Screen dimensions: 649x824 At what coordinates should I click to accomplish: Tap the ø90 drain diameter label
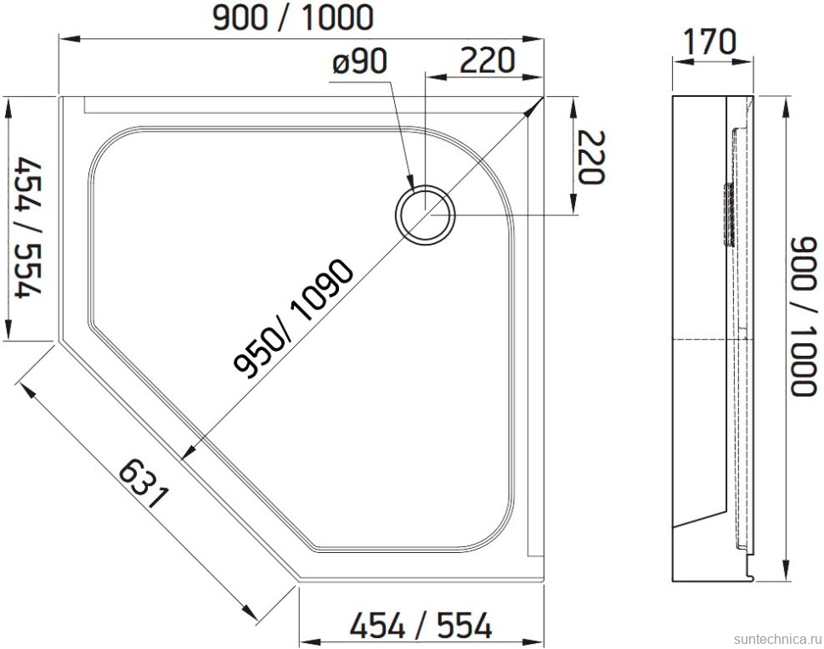[x=359, y=61]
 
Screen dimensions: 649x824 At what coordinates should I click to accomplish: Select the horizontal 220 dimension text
[x=488, y=60]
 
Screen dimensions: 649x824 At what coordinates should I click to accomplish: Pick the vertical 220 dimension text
[x=589, y=157]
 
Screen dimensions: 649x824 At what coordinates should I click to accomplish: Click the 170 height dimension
[x=711, y=40]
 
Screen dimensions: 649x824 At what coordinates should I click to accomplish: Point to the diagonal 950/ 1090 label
[x=293, y=319]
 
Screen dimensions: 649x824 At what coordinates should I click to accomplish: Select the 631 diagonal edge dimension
[x=144, y=484]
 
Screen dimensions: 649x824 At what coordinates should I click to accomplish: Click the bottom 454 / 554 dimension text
[x=421, y=627]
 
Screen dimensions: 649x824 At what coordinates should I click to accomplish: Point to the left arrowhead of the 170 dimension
[x=677, y=60]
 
